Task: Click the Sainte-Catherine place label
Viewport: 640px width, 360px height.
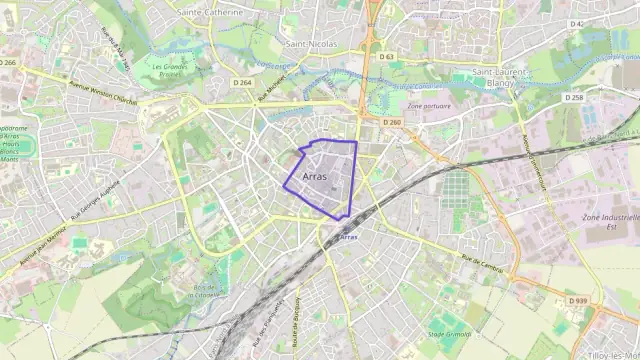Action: [x=209, y=12]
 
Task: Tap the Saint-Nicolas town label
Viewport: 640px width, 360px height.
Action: [x=309, y=44]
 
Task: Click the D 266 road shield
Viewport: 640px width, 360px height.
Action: [x=10, y=62]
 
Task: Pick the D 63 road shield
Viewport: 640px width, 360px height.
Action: [x=388, y=57]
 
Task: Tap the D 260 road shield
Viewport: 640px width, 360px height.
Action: [x=392, y=122]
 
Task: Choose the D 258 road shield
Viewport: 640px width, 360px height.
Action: [x=574, y=97]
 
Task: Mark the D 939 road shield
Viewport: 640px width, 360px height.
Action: [x=578, y=301]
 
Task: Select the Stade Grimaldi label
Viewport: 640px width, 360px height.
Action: [x=449, y=334]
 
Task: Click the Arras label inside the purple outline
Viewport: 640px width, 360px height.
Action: [x=314, y=175]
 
